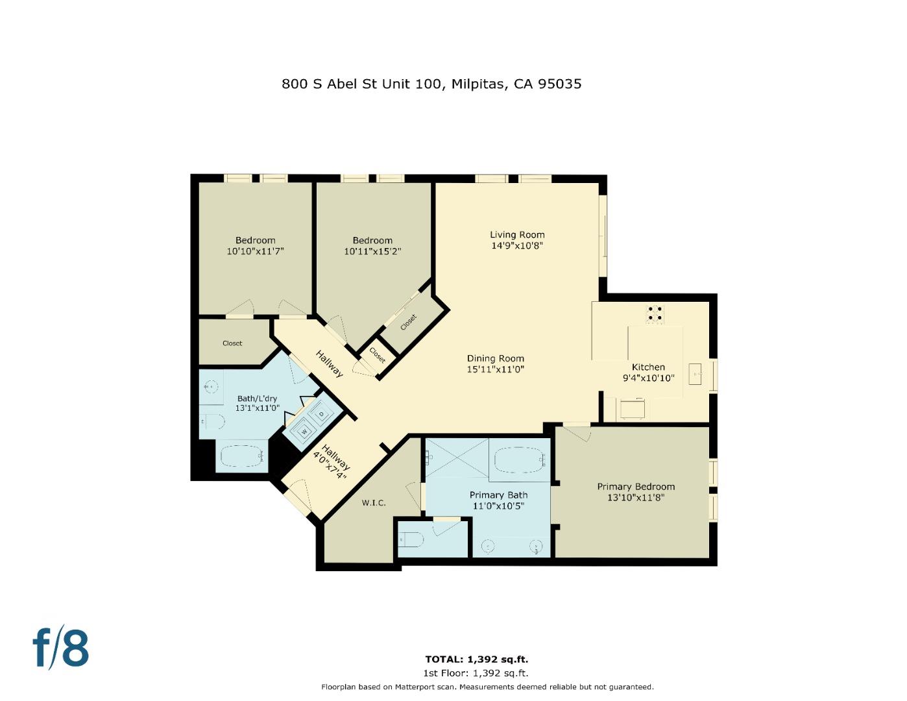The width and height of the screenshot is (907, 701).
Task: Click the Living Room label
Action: coord(517,235)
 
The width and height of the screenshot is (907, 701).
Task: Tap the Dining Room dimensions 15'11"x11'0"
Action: coord(495,369)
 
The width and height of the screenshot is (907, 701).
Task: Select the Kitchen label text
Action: coord(648,367)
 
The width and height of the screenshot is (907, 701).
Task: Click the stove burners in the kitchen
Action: coord(655,314)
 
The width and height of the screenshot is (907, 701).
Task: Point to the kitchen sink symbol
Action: coord(697,374)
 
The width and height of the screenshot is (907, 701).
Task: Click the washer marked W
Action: coord(304,431)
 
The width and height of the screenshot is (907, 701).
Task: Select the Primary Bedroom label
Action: coord(636,487)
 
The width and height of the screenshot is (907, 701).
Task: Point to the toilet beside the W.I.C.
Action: coord(411,539)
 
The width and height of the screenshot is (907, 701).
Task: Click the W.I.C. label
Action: coord(374,502)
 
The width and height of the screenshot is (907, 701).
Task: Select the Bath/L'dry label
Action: coord(257,399)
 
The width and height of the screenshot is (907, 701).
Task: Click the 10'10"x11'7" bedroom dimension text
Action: coord(256,251)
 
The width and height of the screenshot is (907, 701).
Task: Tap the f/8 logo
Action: coord(61,647)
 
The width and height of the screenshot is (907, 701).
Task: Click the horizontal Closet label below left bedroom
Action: coord(232,343)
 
